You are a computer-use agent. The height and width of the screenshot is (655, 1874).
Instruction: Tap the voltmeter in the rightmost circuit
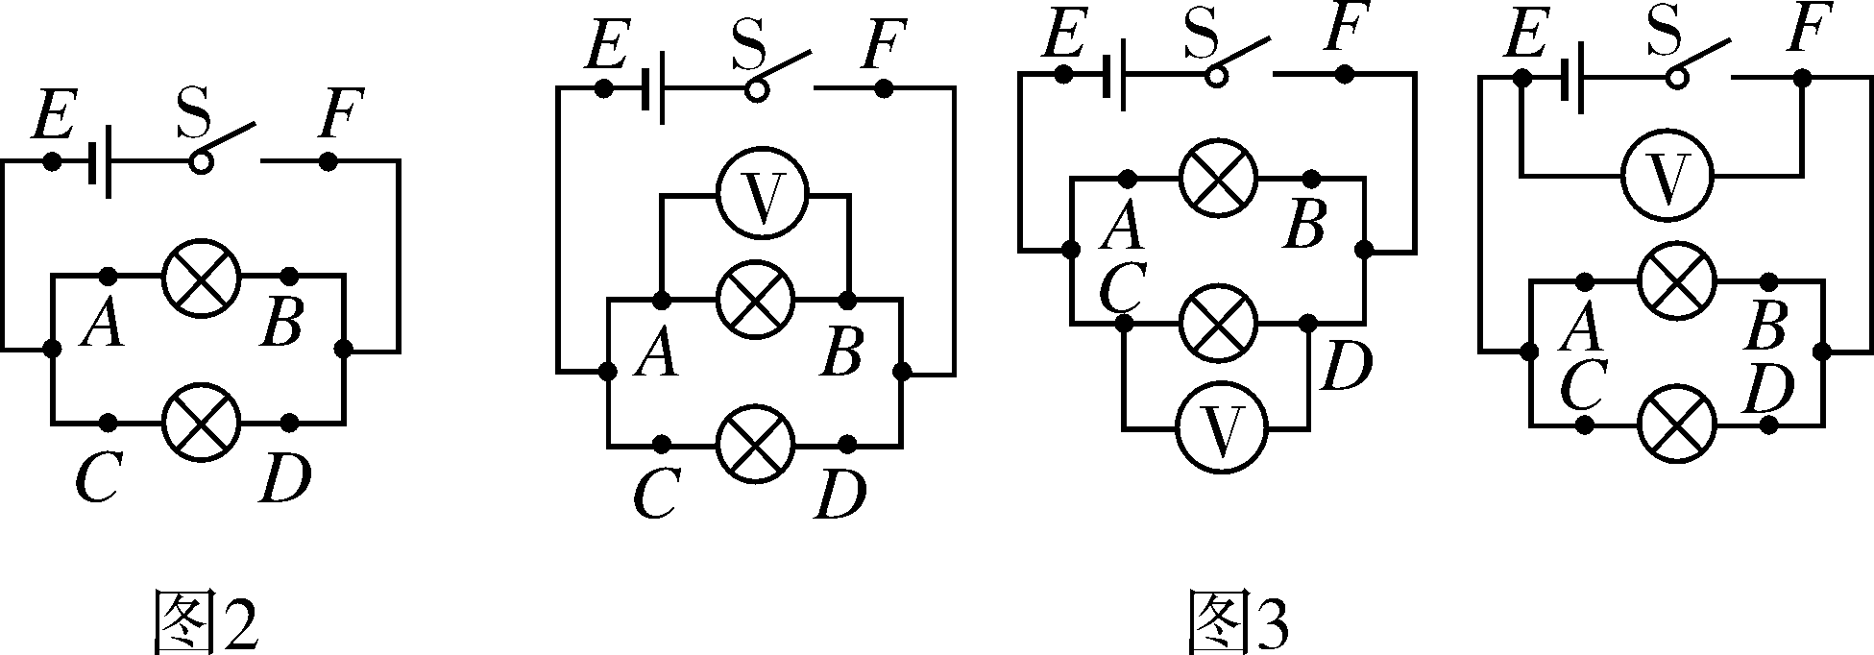1667,175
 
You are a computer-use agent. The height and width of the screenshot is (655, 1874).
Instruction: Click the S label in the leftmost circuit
193,113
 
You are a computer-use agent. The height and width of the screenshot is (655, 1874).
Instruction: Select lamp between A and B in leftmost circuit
201,277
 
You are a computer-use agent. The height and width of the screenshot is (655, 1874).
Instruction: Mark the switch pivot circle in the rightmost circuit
1677,78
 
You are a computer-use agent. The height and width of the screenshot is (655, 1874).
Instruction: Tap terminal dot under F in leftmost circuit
328,161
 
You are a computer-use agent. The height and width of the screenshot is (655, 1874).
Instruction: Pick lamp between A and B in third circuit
1217,179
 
